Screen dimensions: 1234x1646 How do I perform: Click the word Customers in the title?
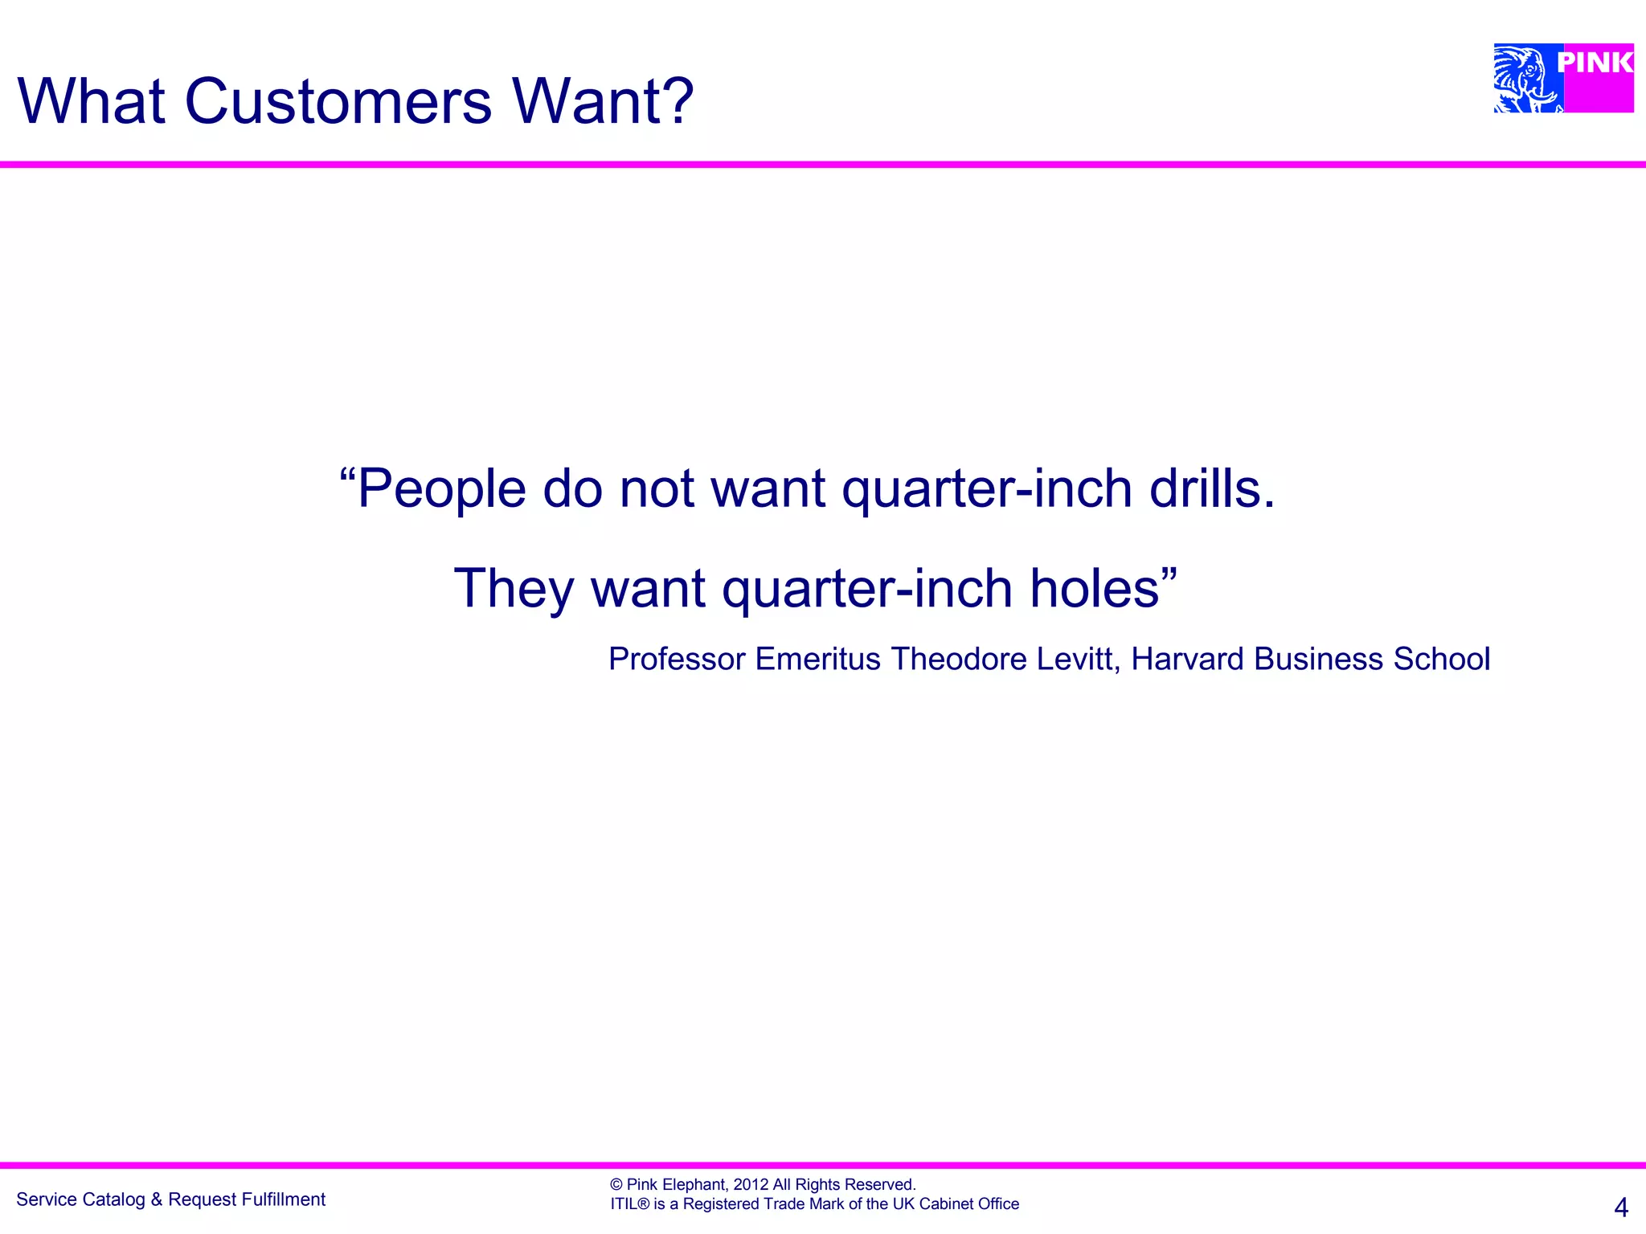[338, 102]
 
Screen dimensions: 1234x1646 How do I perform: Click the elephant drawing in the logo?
[1525, 79]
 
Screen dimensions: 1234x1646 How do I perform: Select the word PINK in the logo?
[1595, 62]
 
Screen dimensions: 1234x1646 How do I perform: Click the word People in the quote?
[441, 489]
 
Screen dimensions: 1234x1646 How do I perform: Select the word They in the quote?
[514, 588]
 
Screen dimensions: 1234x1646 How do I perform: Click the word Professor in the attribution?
[677, 659]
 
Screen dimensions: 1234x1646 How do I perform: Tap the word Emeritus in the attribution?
[818, 659]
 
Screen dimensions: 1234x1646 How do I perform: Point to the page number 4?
[1621, 1207]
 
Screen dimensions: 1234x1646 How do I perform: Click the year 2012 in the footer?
[751, 1184]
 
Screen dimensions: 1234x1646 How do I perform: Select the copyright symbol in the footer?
[616, 1184]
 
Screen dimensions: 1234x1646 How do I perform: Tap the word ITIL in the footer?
[624, 1203]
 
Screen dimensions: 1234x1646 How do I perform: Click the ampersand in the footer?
[156, 1199]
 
